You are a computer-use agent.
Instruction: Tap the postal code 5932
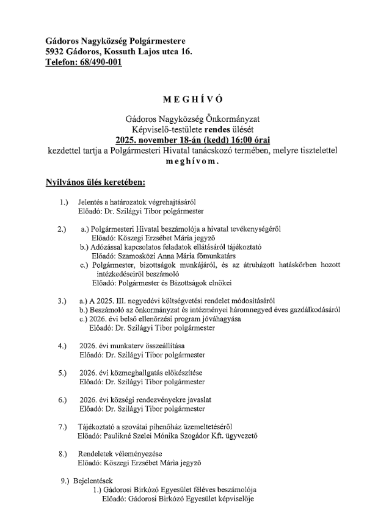(x=57, y=52)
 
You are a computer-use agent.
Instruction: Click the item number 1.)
(x=62, y=202)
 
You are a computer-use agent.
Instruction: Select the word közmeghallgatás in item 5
(x=133, y=372)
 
